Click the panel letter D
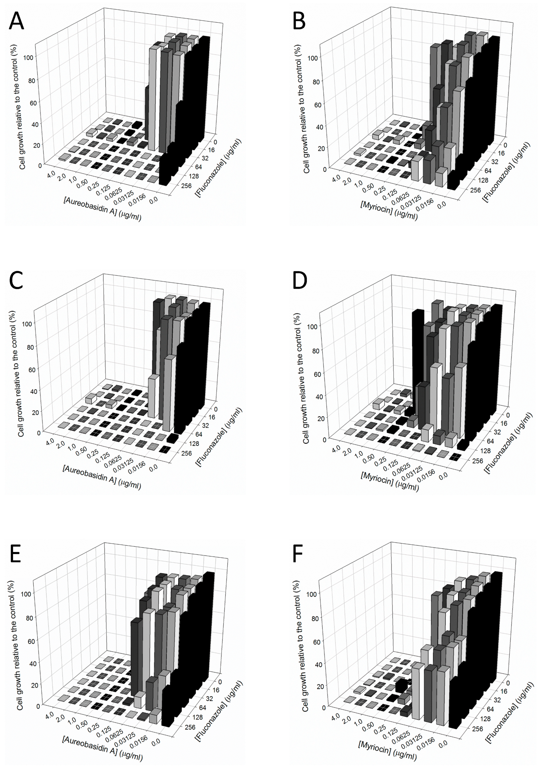pos(300,282)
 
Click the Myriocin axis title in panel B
pos(389,209)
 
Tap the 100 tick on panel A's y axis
pos(28,57)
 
